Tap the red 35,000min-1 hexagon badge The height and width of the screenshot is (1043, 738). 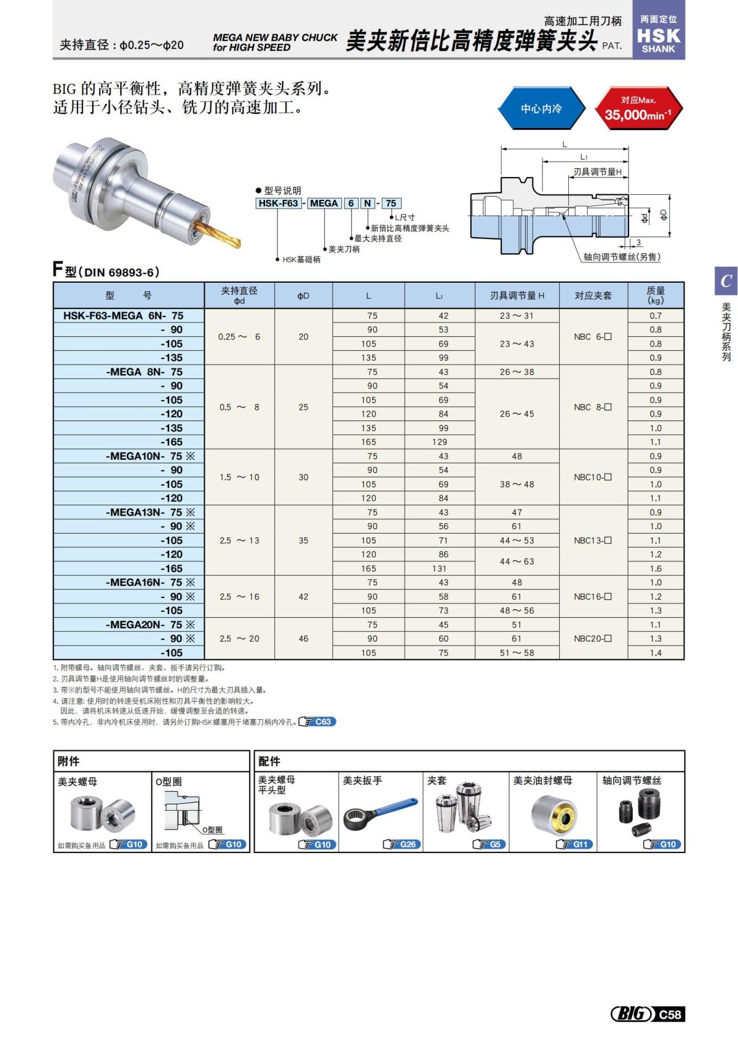pyautogui.click(x=638, y=108)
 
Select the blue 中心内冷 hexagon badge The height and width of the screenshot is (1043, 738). pyautogui.click(x=541, y=108)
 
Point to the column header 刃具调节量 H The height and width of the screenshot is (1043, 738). pyautogui.click(x=517, y=296)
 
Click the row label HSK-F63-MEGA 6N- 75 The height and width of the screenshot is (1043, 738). pyautogui.click(x=124, y=315)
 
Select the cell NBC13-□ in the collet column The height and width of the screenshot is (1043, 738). pyautogui.click(x=593, y=540)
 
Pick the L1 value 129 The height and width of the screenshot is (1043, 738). pyautogui.click(x=439, y=442)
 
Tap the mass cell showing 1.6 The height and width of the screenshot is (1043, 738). pyautogui.click(x=656, y=569)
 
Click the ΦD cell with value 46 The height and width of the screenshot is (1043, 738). pyautogui.click(x=303, y=639)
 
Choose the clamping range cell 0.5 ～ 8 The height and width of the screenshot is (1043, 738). pyautogui.click(x=239, y=407)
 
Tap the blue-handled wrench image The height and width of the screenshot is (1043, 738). pyautogui.click(x=379, y=813)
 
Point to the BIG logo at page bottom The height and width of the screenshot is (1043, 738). pyautogui.click(x=631, y=1014)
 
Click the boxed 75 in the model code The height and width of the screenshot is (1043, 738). pyautogui.click(x=391, y=203)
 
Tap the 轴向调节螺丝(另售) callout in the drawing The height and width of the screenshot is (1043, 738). pyautogui.click(x=622, y=257)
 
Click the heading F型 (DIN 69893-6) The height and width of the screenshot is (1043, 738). pyautogui.click(x=106, y=271)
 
